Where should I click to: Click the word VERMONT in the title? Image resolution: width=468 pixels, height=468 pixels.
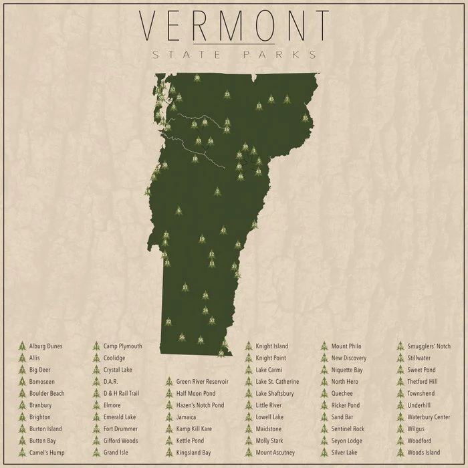pyautogui.click(x=234, y=25)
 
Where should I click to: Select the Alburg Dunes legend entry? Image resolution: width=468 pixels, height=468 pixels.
pyautogui.click(x=46, y=346)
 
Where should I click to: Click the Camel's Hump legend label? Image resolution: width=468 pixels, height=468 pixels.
pyautogui.click(x=46, y=453)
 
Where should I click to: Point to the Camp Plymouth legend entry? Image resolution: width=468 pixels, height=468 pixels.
pyautogui.click(x=122, y=346)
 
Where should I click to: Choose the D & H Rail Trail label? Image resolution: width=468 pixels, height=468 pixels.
pyautogui.click(x=121, y=393)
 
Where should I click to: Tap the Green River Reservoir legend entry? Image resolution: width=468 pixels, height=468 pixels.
pyautogui.click(x=202, y=382)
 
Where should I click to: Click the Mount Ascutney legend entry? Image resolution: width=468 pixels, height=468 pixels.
pyautogui.click(x=274, y=453)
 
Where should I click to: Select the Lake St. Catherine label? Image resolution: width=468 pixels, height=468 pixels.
pyautogui.click(x=277, y=382)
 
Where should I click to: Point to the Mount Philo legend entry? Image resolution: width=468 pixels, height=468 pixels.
pyautogui.click(x=346, y=346)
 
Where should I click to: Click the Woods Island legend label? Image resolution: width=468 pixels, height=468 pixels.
pyautogui.click(x=424, y=453)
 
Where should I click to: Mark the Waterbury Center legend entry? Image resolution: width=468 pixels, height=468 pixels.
pyautogui.click(x=428, y=417)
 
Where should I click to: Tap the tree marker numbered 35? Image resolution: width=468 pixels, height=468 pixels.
pyautogui.click(x=306, y=118)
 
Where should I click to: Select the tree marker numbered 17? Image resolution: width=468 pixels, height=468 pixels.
pyautogui.click(x=185, y=287)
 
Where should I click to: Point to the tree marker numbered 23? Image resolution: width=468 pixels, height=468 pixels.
pyautogui.click(x=227, y=95)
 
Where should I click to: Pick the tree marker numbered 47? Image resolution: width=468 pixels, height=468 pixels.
pyautogui.click(x=223, y=230)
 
